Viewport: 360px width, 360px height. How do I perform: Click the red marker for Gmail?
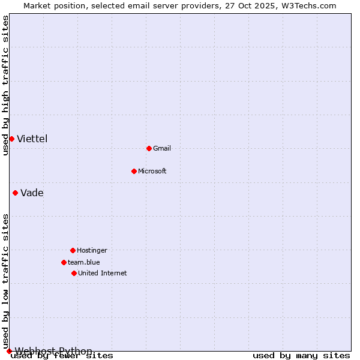(x=149, y=148)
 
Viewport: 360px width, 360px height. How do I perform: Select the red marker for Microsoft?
(x=134, y=171)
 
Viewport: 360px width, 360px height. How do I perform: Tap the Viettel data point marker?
(x=11, y=139)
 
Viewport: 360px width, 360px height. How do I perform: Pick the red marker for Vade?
(x=15, y=193)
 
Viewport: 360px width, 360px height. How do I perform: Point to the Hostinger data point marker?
(x=73, y=250)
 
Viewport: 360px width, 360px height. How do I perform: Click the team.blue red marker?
(x=64, y=262)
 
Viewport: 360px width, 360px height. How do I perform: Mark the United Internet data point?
(x=74, y=273)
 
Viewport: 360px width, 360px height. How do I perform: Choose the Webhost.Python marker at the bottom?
(x=9, y=351)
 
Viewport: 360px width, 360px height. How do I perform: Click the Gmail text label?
(x=162, y=148)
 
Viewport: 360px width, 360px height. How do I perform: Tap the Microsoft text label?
(x=152, y=171)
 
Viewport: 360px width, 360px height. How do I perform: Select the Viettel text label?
(x=32, y=139)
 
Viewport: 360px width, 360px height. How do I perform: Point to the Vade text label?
(x=32, y=193)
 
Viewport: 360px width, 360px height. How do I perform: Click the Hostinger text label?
(x=92, y=250)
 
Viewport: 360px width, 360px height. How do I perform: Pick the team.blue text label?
(x=84, y=262)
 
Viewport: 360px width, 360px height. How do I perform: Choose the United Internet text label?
(x=103, y=273)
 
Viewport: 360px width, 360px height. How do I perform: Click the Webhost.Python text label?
(x=54, y=351)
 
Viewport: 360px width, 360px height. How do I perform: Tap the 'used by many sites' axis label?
(x=301, y=356)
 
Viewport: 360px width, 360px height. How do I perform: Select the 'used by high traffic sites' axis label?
(x=5, y=85)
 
